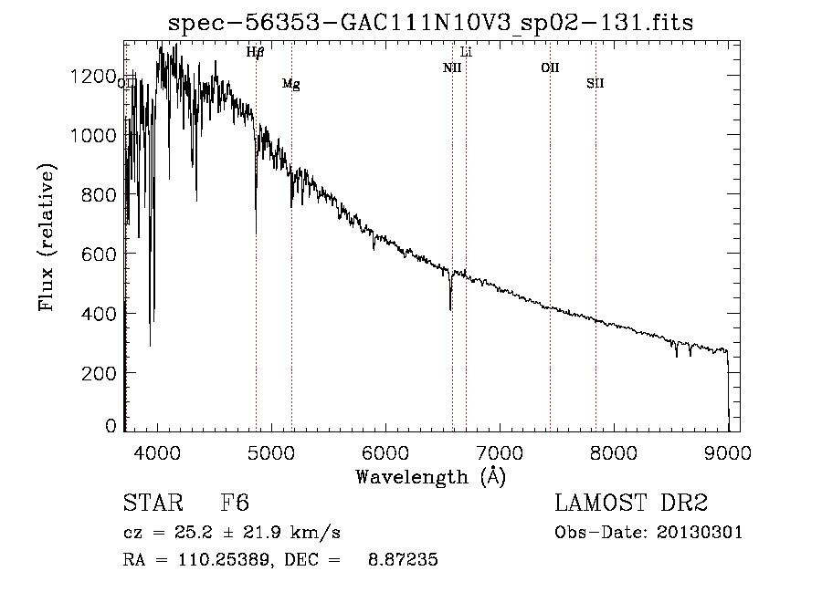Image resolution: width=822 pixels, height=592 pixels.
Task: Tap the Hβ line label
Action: pyautogui.click(x=256, y=52)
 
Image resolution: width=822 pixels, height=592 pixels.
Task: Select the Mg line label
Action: pyautogui.click(x=291, y=84)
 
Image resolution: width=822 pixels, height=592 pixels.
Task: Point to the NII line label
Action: pyautogui.click(x=452, y=68)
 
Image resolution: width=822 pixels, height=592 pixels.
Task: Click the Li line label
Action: pyautogui.click(x=466, y=52)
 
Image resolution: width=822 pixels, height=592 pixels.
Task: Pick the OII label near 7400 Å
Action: pyautogui.click(x=550, y=68)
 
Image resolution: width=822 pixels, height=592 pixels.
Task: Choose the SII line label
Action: pyautogui.click(x=595, y=84)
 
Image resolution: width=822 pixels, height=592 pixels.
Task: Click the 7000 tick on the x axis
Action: pyautogui.click(x=500, y=452)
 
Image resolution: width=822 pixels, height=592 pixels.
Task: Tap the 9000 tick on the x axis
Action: pyautogui.click(x=728, y=452)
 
